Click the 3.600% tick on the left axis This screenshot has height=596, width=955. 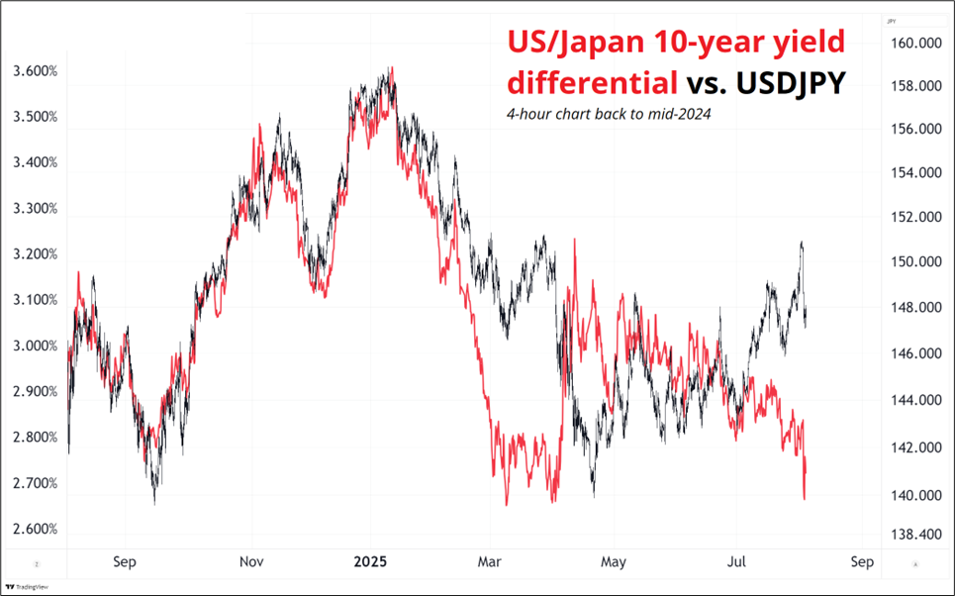click(x=36, y=71)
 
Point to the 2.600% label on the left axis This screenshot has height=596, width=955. click(x=36, y=529)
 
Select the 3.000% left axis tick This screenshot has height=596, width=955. click(x=36, y=346)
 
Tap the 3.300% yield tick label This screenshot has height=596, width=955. click(x=36, y=209)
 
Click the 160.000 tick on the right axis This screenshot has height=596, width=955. click(x=913, y=44)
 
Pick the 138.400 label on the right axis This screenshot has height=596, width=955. click(x=913, y=535)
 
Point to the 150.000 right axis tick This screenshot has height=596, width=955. click(x=913, y=262)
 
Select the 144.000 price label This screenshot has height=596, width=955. click(x=913, y=400)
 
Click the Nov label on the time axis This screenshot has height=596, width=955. click(x=251, y=562)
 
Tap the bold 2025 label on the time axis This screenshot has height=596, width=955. click(x=371, y=562)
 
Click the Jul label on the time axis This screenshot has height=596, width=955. click(x=737, y=562)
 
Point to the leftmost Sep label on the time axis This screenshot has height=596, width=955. click(x=124, y=562)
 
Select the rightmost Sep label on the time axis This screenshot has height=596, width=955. click(x=861, y=562)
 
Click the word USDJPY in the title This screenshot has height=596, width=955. click(x=791, y=83)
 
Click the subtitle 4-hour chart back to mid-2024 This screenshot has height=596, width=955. click(x=608, y=114)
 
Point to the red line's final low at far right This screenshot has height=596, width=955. click(x=805, y=498)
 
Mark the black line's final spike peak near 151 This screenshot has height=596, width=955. click(x=801, y=243)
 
